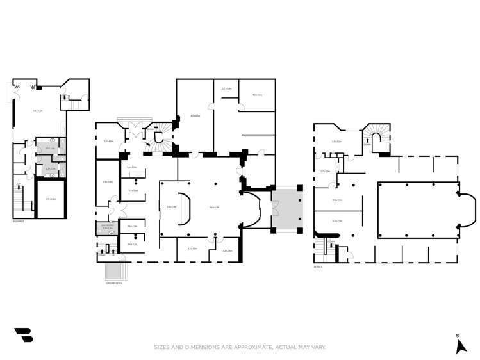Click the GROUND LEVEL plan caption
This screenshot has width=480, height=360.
[114, 282]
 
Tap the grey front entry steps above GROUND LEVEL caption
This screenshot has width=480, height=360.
[115, 271]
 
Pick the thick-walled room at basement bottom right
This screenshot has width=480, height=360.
[51, 199]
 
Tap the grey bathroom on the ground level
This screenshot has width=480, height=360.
[107, 228]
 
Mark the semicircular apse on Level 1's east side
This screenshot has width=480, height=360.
[468, 209]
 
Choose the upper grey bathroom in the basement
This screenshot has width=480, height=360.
[50, 148]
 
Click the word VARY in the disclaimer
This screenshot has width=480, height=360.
[318, 347]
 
